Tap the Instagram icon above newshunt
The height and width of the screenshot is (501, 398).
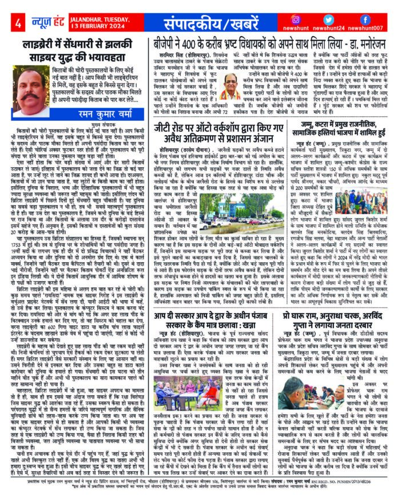pos(296,19)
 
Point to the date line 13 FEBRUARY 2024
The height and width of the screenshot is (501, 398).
pos(89,28)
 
